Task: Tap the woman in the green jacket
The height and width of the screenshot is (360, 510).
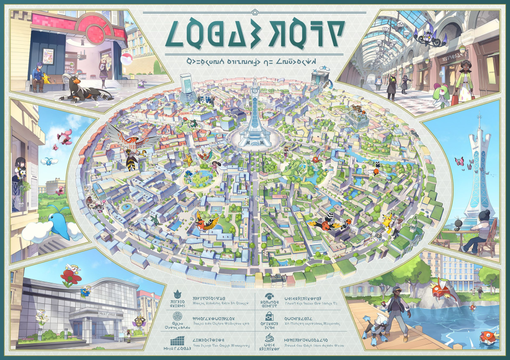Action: click(x=464, y=82)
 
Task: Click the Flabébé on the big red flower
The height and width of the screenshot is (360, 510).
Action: click(x=70, y=275)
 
